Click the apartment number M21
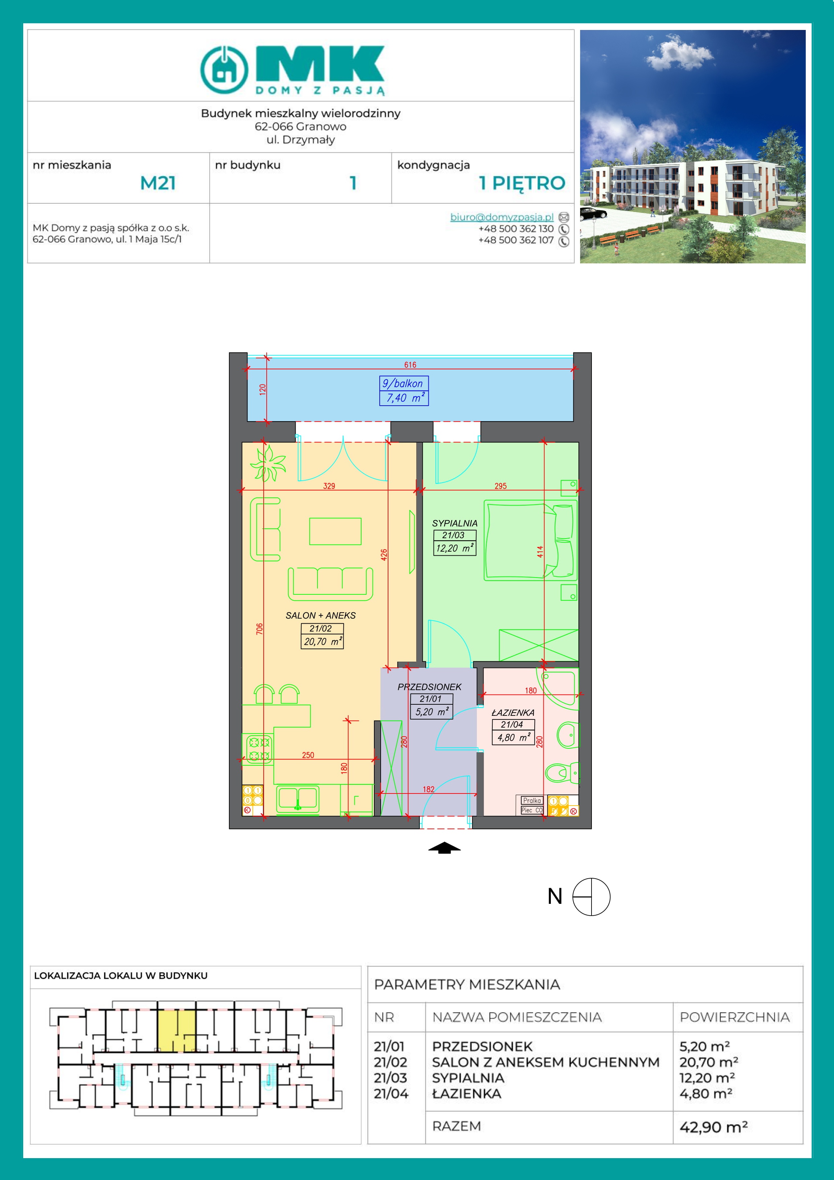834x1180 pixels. click(158, 183)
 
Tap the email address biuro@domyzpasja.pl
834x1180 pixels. click(501, 217)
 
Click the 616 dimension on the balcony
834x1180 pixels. click(410, 365)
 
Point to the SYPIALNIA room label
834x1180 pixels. click(455, 523)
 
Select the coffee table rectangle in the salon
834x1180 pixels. click(335, 531)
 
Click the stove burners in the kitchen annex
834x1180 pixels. click(259, 749)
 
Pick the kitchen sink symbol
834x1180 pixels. click(298, 799)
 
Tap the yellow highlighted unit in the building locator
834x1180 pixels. click(176, 1030)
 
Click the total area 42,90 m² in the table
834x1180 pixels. click(713, 1127)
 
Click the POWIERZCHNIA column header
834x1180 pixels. click(735, 1017)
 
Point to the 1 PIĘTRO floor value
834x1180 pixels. click(522, 183)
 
